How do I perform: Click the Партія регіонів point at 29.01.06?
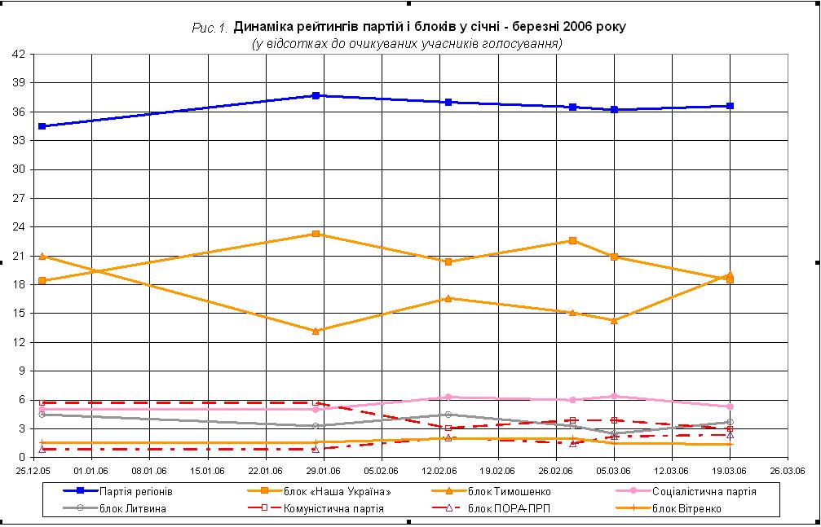316,95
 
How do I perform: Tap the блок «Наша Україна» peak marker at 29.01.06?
316,234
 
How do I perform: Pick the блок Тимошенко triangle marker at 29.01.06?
316,331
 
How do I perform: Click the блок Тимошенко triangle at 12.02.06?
448,298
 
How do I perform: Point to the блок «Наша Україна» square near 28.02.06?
573,240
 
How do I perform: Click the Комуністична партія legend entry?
334,509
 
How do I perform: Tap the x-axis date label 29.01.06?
324,469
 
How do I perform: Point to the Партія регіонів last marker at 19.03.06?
730,106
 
